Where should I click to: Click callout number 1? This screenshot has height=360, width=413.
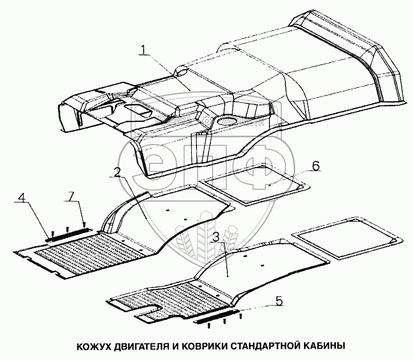145,50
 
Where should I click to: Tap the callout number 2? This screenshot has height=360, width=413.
117,172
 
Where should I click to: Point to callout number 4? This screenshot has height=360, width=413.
22,197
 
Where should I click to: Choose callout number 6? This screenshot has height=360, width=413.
316,166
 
